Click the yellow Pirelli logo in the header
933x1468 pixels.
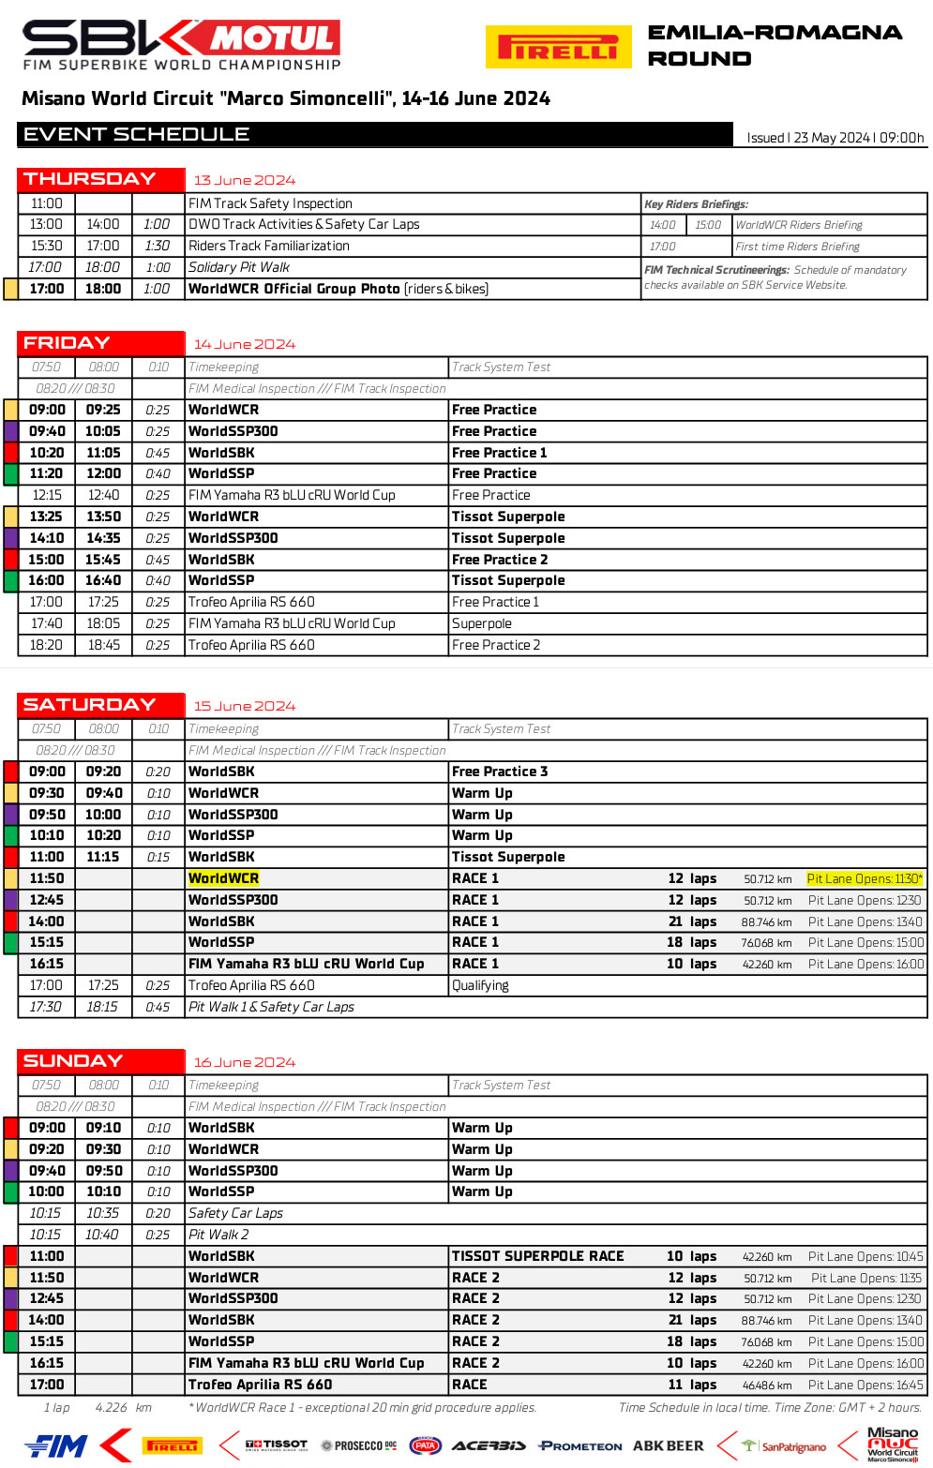[x=558, y=47]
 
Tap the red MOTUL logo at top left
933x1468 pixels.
[x=272, y=38]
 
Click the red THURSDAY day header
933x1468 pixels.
[x=90, y=179]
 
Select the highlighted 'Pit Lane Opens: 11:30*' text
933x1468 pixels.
[x=865, y=878]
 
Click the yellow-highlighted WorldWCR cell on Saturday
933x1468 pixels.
[x=223, y=878]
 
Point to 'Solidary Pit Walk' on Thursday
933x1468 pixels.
[x=239, y=267]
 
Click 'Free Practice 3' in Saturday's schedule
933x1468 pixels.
[x=500, y=771]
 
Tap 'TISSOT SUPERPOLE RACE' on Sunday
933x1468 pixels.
[x=537, y=1256]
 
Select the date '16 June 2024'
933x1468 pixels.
[x=244, y=1062]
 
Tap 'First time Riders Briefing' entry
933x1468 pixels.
[x=797, y=247]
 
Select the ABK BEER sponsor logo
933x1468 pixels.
[x=668, y=1446]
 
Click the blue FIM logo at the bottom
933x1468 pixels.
[x=56, y=1446]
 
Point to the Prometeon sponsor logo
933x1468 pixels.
[x=580, y=1446]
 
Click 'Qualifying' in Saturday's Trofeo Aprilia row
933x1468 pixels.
[x=480, y=985]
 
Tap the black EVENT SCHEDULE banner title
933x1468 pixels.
[x=137, y=134]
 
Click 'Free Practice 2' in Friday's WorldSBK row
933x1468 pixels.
[x=500, y=560]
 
